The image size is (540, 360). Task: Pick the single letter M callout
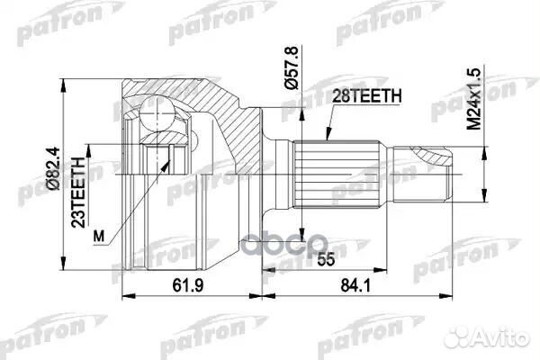[x=100, y=237]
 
